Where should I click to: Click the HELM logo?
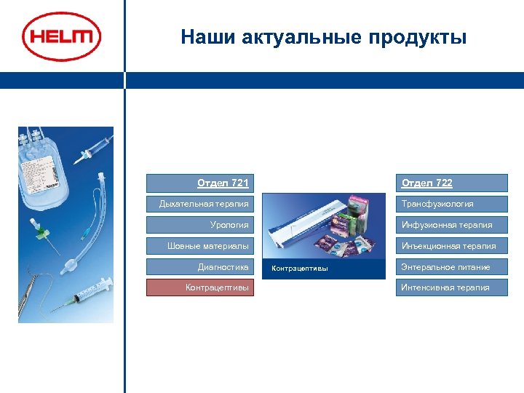[61, 36]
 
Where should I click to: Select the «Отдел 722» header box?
[451, 183]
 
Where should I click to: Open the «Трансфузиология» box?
[451, 204]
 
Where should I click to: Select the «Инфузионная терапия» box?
[451, 225]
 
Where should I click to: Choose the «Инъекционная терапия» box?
[451, 246]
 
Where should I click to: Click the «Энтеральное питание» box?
[451, 267]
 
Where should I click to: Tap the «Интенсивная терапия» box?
[451, 287]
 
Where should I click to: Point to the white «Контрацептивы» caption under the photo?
[300, 269]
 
